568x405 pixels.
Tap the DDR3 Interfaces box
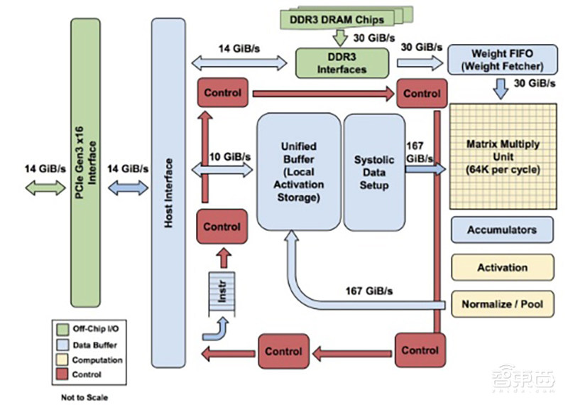pos(342,63)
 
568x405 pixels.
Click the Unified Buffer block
pos(298,171)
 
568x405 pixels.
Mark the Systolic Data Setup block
pos(373,171)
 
